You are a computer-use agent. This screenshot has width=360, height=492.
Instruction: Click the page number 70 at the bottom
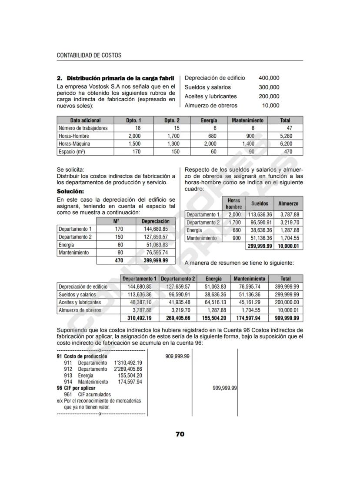coord(180,434)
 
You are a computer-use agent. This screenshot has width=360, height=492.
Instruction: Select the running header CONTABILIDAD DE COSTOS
coord(89,56)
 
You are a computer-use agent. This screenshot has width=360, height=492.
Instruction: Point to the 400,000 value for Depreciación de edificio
coord(269,78)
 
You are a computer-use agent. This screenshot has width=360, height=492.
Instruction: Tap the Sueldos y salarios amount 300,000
coord(269,87)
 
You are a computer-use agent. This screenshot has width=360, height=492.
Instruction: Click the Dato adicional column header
coord(85,120)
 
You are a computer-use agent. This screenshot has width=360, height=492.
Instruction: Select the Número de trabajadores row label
coord(83,128)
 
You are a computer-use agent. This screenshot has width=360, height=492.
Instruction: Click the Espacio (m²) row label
coord(72,152)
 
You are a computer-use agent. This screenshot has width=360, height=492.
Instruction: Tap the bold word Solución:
coord(70,192)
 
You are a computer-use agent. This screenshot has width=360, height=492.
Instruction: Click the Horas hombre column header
coord(234,203)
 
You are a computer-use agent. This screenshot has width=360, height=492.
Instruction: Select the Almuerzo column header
coord(288,203)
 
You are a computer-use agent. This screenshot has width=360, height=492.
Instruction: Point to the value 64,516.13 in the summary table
coord(213,303)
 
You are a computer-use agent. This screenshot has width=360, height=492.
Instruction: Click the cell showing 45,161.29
coord(249,303)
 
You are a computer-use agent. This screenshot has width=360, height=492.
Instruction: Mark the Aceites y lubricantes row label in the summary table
coord(80,303)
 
